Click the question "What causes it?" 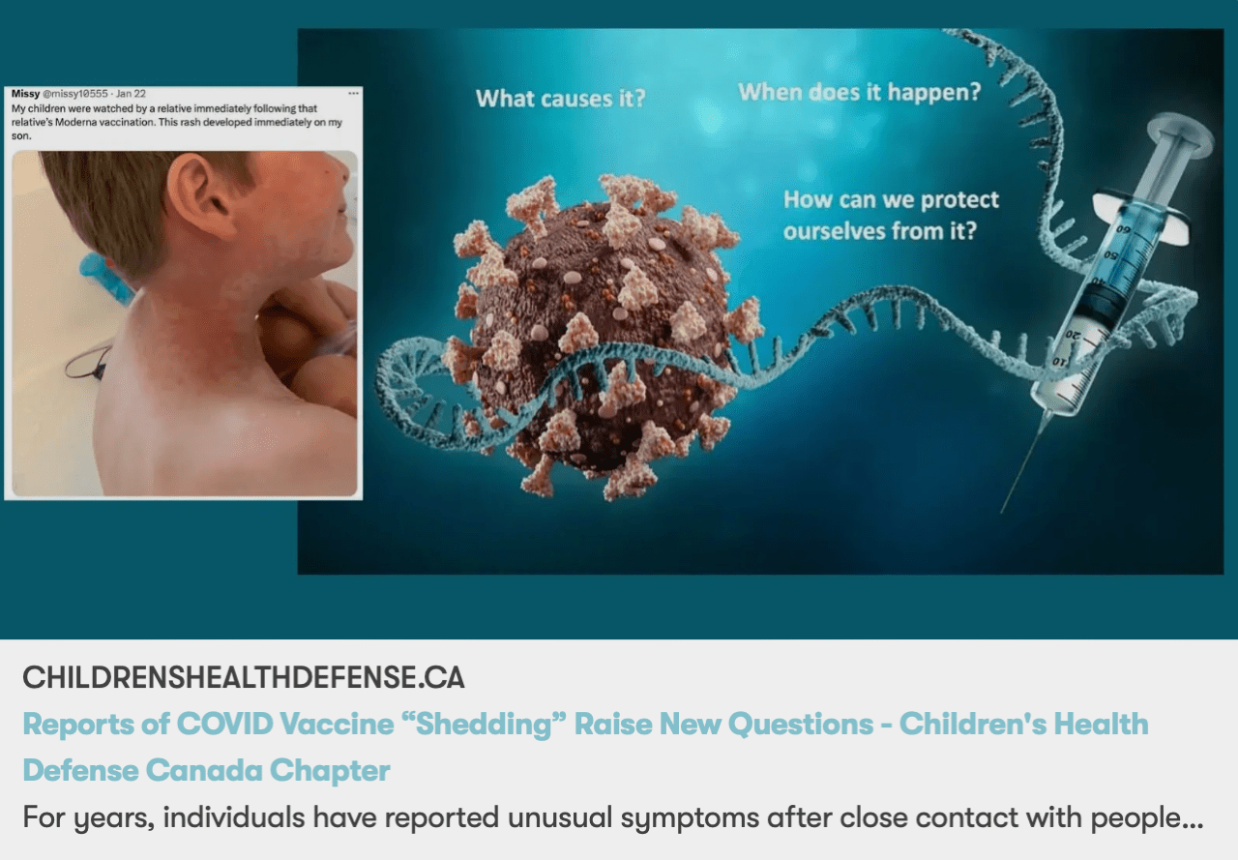560,98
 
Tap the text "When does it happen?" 859,93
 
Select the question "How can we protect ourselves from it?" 891,216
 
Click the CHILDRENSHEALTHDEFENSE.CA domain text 244,677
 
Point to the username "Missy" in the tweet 25,93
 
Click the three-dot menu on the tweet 353,93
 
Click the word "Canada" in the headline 203,770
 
